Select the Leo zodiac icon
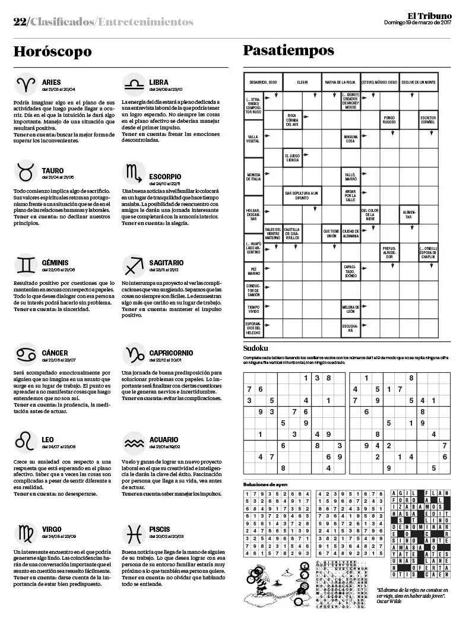pyautogui.click(x=26, y=441)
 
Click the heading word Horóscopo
pyautogui.click(x=53, y=52)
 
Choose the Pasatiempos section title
pyautogui.click(x=289, y=50)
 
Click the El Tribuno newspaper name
pyautogui.click(x=429, y=15)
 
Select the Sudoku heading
pyautogui.click(x=256, y=348)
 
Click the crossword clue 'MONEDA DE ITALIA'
pyautogui.click(x=253, y=176)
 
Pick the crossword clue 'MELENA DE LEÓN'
pyautogui.click(x=350, y=309)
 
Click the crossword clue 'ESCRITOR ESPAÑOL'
pyautogui.click(x=428, y=121)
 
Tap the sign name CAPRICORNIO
pyautogui.click(x=171, y=353)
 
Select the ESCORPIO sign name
pyautogui.click(x=165, y=176)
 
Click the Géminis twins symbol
pyautogui.click(x=26, y=264)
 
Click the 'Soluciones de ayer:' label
pyautogui.click(x=265, y=484)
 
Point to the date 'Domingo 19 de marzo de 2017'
pyautogui.click(x=417, y=24)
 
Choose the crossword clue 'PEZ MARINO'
pyautogui.click(x=253, y=271)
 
